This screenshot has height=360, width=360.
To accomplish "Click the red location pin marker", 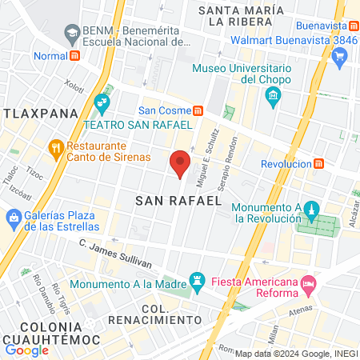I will pyautogui.click(x=181, y=162).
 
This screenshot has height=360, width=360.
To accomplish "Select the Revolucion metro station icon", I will pyautogui.click(x=318, y=163).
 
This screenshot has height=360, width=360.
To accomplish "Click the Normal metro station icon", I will pyautogui.click(x=74, y=56).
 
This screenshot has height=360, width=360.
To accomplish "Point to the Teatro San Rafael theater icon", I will pyautogui.click(x=101, y=102).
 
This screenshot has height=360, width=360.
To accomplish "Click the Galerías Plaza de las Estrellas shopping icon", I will pyautogui.click(x=14, y=217).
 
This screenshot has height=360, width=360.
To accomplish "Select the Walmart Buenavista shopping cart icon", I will pyautogui.click(x=340, y=55).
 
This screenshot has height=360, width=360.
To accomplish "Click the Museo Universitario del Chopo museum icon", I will pyautogui.click(x=274, y=98).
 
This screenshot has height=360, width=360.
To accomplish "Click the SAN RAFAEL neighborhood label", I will pyautogui.click(x=178, y=200).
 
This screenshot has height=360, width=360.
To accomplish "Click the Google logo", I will pyautogui.click(x=26, y=350).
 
